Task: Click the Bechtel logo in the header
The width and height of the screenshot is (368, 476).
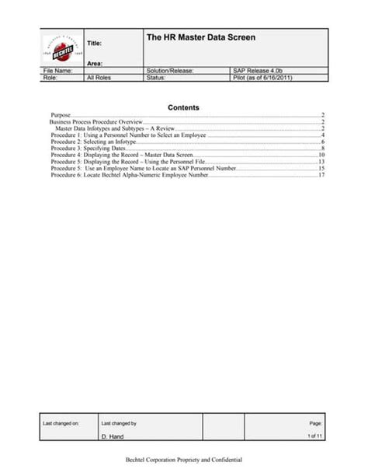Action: coord(61,48)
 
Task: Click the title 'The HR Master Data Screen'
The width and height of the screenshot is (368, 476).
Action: coord(200,37)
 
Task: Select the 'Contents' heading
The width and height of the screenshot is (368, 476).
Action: coord(184,107)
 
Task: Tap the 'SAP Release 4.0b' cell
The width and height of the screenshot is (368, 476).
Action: coord(262,71)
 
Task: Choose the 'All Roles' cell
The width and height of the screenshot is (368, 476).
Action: coord(99,78)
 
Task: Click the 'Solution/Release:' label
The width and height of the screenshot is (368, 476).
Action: coord(169,71)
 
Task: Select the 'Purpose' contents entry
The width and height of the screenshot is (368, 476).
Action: coord(61,115)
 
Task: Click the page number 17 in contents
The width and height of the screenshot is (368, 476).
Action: coord(321,176)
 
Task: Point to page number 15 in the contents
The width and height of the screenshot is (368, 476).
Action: coord(321,169)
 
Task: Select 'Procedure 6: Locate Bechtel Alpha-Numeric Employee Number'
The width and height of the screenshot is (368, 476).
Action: coord(130,176)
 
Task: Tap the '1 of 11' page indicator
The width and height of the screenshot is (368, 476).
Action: coord(315,436)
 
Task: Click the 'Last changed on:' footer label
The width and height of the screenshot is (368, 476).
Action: coord(61,423)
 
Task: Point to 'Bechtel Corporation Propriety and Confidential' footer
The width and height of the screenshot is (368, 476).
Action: coord(184,460)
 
